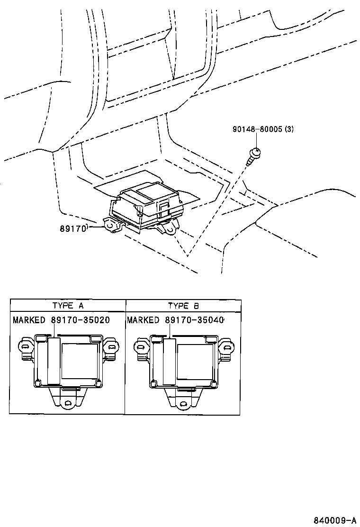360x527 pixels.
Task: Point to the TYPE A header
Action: coord(68,305)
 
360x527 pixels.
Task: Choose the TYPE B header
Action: coord(183,305)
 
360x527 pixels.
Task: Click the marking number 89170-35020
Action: coord(80,320)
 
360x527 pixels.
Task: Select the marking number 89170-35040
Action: coord(194,320)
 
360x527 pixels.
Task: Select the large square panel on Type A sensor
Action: coord(80,360)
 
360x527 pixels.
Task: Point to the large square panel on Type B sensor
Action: coord(194,360)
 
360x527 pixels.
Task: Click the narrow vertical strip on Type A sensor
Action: coord(53,360)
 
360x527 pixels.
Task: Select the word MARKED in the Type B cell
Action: coord(143,320)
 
